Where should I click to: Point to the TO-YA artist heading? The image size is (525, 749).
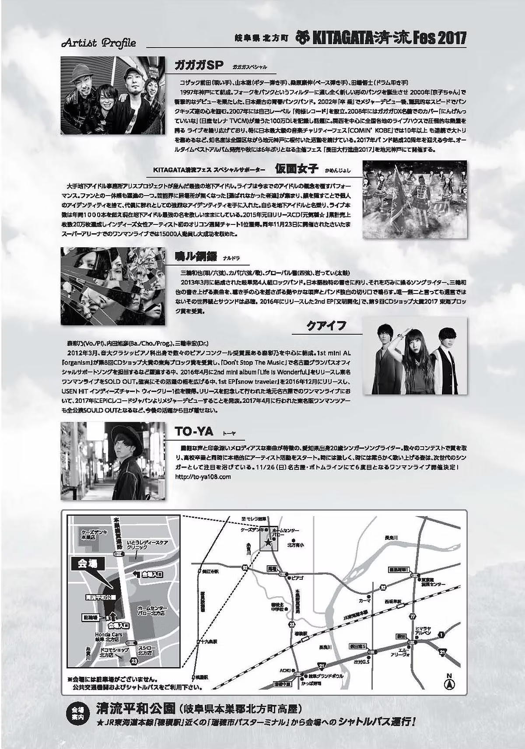point(194,431)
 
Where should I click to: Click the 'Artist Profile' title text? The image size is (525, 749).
point(99,43)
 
